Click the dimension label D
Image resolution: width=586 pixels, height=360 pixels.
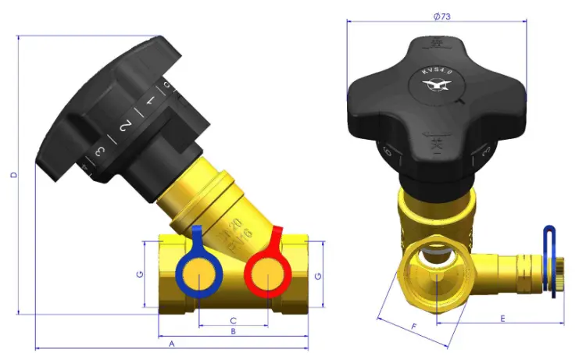[13, 175]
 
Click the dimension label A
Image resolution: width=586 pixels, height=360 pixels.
[171, 343]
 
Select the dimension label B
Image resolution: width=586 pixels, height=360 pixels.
[232, 332]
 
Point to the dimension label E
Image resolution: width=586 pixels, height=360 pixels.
[502, 318]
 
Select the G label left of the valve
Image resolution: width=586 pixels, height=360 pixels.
[139, 274]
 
